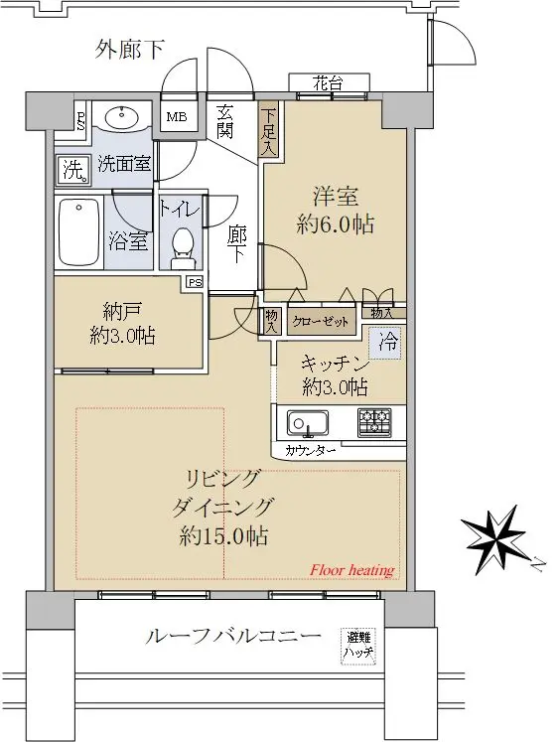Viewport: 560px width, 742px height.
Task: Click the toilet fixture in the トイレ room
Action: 182,247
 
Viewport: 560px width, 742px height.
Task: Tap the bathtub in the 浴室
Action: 79,232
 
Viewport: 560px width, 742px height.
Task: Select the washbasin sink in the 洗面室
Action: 121,117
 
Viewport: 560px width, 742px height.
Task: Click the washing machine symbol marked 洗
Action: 74,169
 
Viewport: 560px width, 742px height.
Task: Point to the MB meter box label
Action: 177,117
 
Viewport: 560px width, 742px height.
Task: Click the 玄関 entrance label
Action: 225,121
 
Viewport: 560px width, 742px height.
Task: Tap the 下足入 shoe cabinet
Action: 269,130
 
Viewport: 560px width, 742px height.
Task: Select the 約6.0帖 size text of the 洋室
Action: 335,224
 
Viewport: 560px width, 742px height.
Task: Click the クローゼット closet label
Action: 320,322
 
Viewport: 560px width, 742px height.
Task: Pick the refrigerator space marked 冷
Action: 388,342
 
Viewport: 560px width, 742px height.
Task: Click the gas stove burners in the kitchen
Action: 374,421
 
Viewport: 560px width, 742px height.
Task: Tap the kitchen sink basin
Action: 308,422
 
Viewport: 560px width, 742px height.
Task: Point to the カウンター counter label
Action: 310,450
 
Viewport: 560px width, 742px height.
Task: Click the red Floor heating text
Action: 351,571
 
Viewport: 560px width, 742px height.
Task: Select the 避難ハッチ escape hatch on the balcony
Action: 359,646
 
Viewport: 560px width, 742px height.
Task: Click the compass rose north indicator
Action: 495,537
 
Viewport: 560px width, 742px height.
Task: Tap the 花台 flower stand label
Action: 328,84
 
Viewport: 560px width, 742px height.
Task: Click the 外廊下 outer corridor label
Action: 130,50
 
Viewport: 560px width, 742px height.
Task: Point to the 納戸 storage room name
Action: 122,312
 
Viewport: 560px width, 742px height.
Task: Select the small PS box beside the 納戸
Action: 195,282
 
